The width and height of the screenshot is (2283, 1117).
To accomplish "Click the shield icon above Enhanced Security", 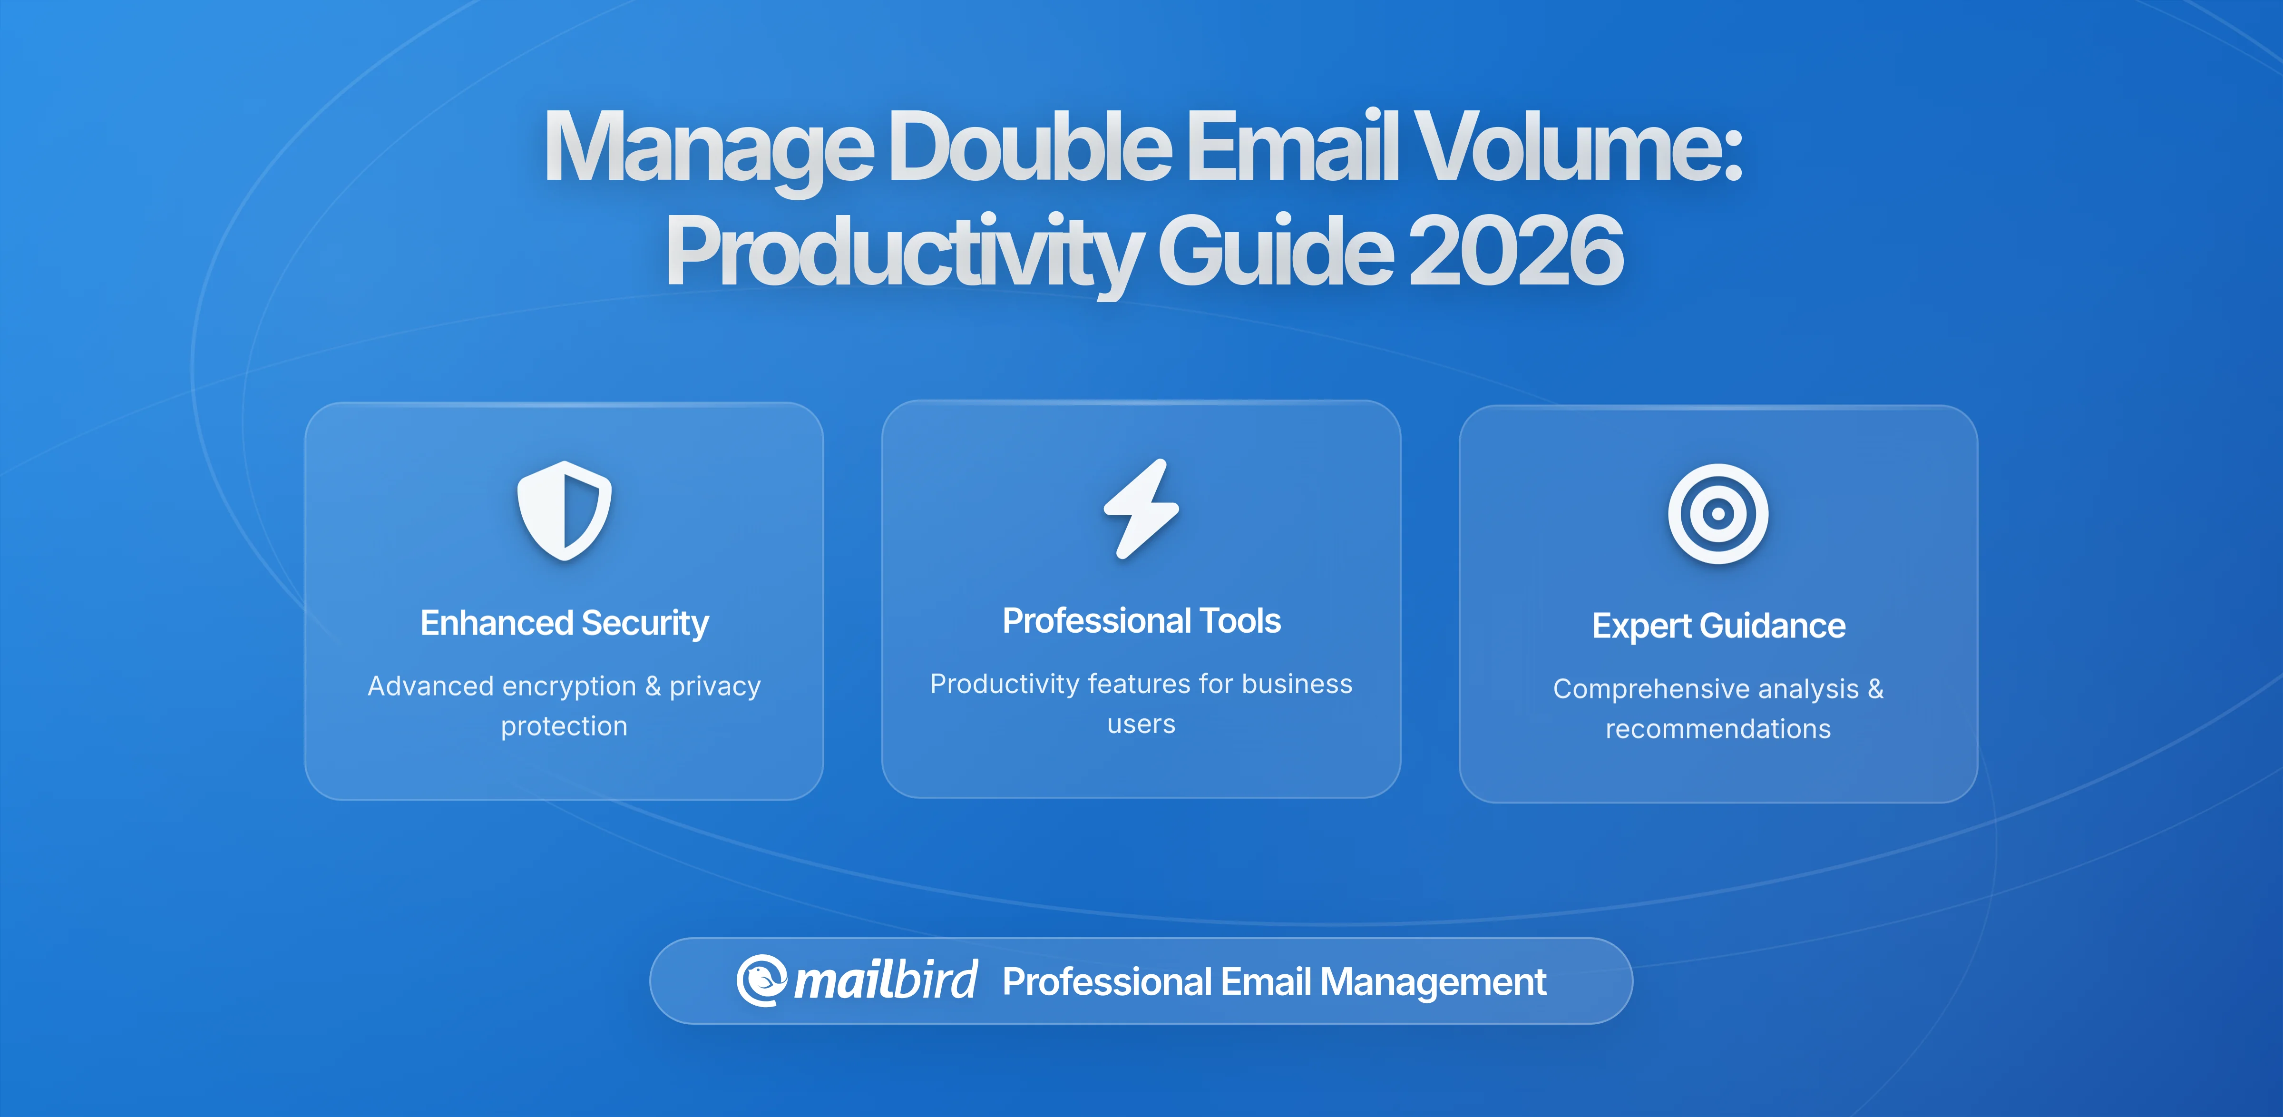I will pos(565,510).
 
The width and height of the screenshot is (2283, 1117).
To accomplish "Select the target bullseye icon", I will pos(1717,513).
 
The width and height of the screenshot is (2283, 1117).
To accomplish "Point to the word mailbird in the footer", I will pos(885,980).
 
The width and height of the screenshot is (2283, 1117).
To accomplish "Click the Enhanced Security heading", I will pos(565,623).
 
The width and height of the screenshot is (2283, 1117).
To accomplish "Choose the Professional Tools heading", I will pos(1141,620).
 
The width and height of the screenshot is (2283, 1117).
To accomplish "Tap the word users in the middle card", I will pos(1141,724).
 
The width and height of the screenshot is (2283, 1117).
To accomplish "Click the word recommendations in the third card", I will pos(1717,729).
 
